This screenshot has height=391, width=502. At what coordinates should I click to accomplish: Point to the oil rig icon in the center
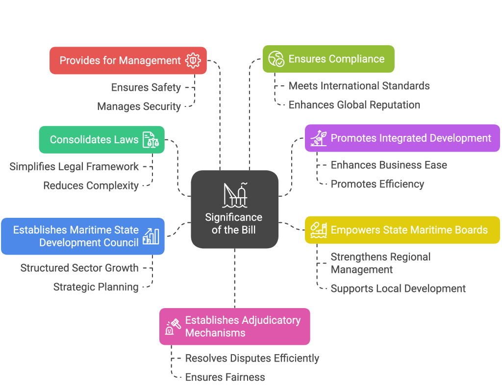234,196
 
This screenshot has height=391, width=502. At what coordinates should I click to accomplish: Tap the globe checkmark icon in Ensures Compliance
276,59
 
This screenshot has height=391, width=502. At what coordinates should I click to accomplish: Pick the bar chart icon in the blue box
151,236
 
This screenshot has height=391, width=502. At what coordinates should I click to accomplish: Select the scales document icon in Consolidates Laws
151,140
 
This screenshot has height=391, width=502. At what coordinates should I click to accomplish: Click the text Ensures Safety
146,87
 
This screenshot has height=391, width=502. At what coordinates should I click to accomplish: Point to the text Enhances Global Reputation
354,105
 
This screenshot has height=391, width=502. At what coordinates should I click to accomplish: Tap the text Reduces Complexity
91,186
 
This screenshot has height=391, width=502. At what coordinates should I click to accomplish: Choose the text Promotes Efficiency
377,184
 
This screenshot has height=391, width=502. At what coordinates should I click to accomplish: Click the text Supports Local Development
398,288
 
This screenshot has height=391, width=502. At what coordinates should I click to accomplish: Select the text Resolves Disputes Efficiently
252,359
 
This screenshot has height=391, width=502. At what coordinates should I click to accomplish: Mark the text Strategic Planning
96,287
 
